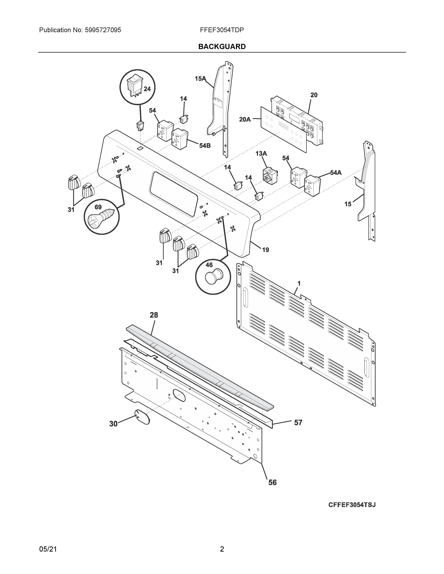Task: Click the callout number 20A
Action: (x=245, y=120)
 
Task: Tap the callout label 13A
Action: (x=261, y=153)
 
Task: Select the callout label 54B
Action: (x=205, y=146)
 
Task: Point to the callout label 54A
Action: (x=336, y=173)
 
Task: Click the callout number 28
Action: (x=154, y=315)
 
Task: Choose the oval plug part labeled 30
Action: (x=142, y=417)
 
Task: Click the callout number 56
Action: (x=272, y=483)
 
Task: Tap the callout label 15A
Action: (x=200, y=78)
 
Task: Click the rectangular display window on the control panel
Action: (x=173, y=194)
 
